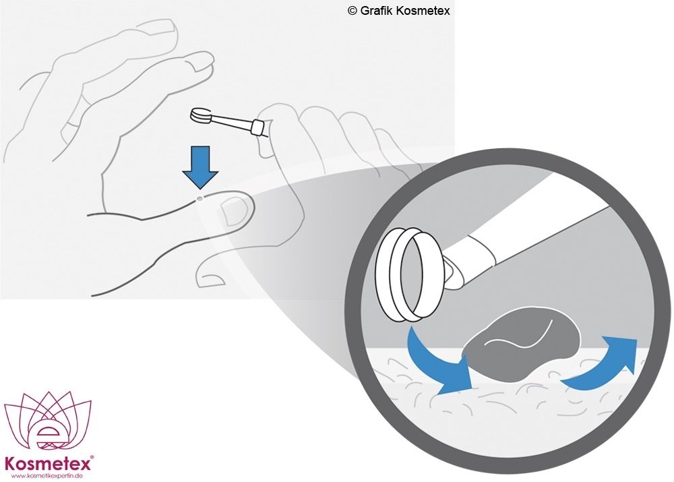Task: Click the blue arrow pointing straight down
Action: pos(200,167)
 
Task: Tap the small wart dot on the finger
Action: pos(200,198)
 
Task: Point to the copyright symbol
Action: pos(353,11)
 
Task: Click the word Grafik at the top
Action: pos(376,10)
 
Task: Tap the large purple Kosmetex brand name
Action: pos(47,464)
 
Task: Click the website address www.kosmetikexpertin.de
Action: pos(47,476)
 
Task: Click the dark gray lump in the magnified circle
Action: pos(522,344)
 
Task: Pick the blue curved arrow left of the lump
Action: pos(439,361)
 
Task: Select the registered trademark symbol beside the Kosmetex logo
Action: pos(92,458)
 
